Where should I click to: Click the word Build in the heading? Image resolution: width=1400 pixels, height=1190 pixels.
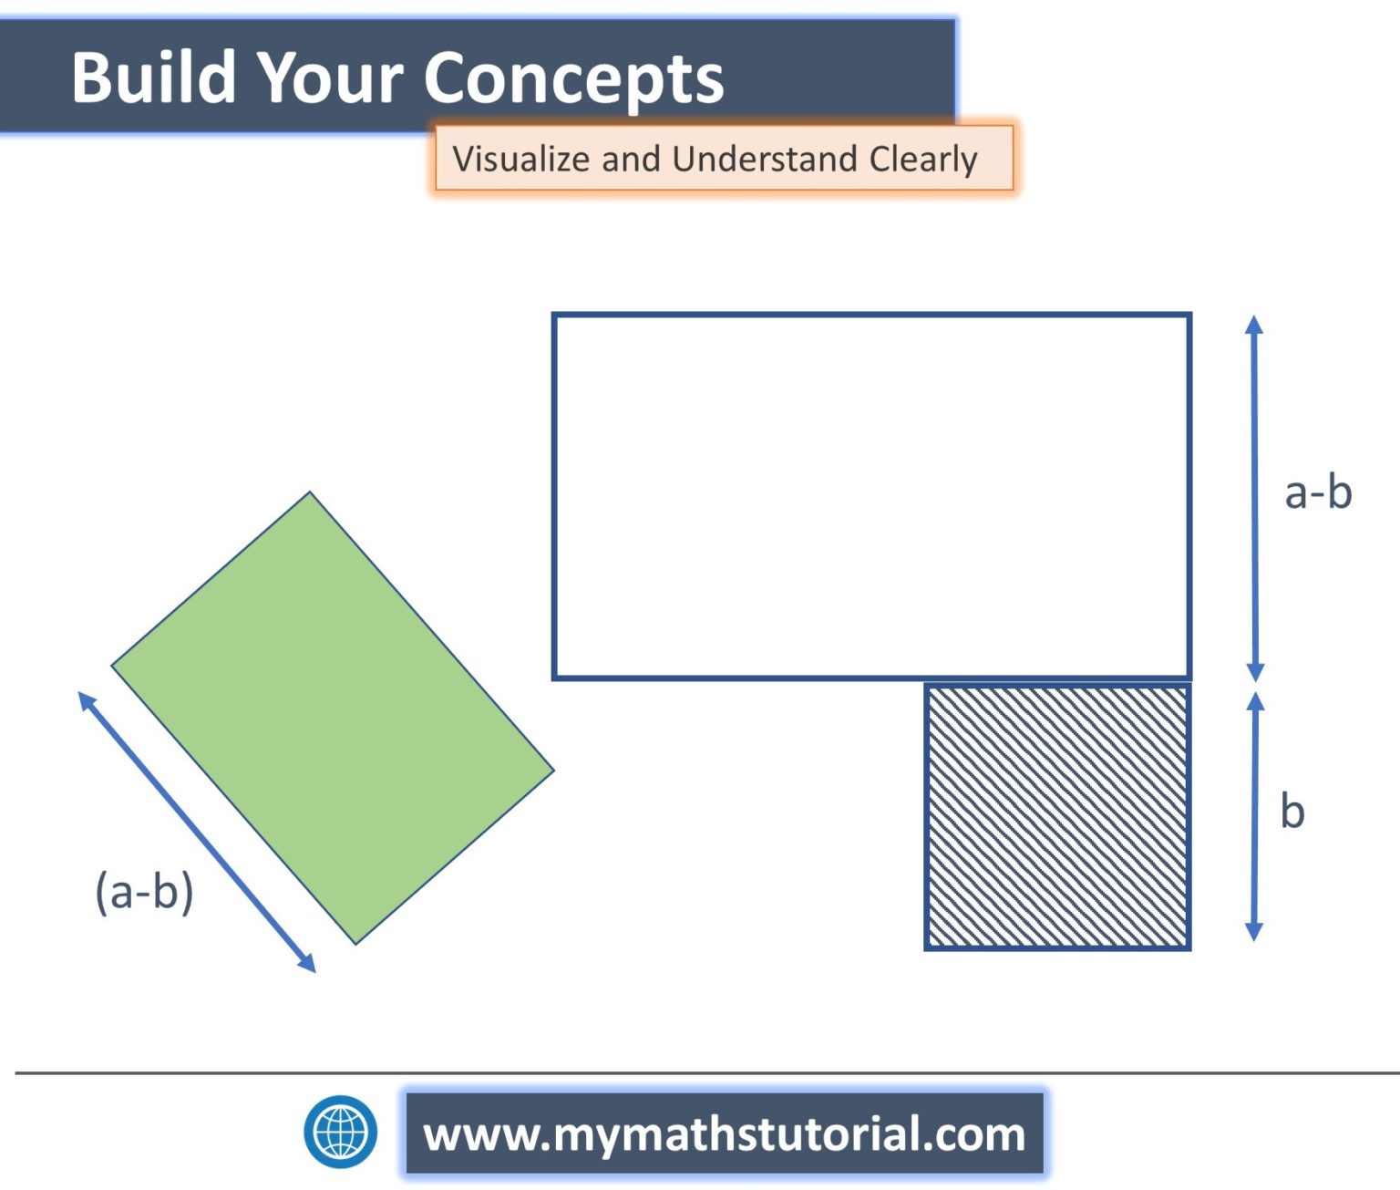154,78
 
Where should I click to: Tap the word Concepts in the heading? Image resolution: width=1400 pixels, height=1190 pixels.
574,80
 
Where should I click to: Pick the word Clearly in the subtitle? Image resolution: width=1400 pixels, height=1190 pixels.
924,160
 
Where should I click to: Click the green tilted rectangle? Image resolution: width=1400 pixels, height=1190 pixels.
333,718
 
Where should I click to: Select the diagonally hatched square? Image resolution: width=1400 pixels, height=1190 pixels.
1058,817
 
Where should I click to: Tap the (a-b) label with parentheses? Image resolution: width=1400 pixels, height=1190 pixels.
145,892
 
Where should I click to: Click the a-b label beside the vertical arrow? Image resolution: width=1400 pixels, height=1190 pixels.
1318,492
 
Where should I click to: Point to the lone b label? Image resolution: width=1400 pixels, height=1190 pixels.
1292,811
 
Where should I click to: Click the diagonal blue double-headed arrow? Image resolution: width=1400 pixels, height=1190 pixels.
197,833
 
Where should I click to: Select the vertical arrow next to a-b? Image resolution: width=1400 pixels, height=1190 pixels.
1254,498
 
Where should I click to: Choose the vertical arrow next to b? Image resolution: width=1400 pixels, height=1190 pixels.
1255,817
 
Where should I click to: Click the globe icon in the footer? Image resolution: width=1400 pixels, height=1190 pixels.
340,1132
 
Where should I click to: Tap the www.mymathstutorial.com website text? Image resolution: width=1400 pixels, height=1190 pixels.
724,1133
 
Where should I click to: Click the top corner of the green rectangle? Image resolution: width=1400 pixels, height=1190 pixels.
310,492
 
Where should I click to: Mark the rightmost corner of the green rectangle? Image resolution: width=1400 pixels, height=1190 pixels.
554,770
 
